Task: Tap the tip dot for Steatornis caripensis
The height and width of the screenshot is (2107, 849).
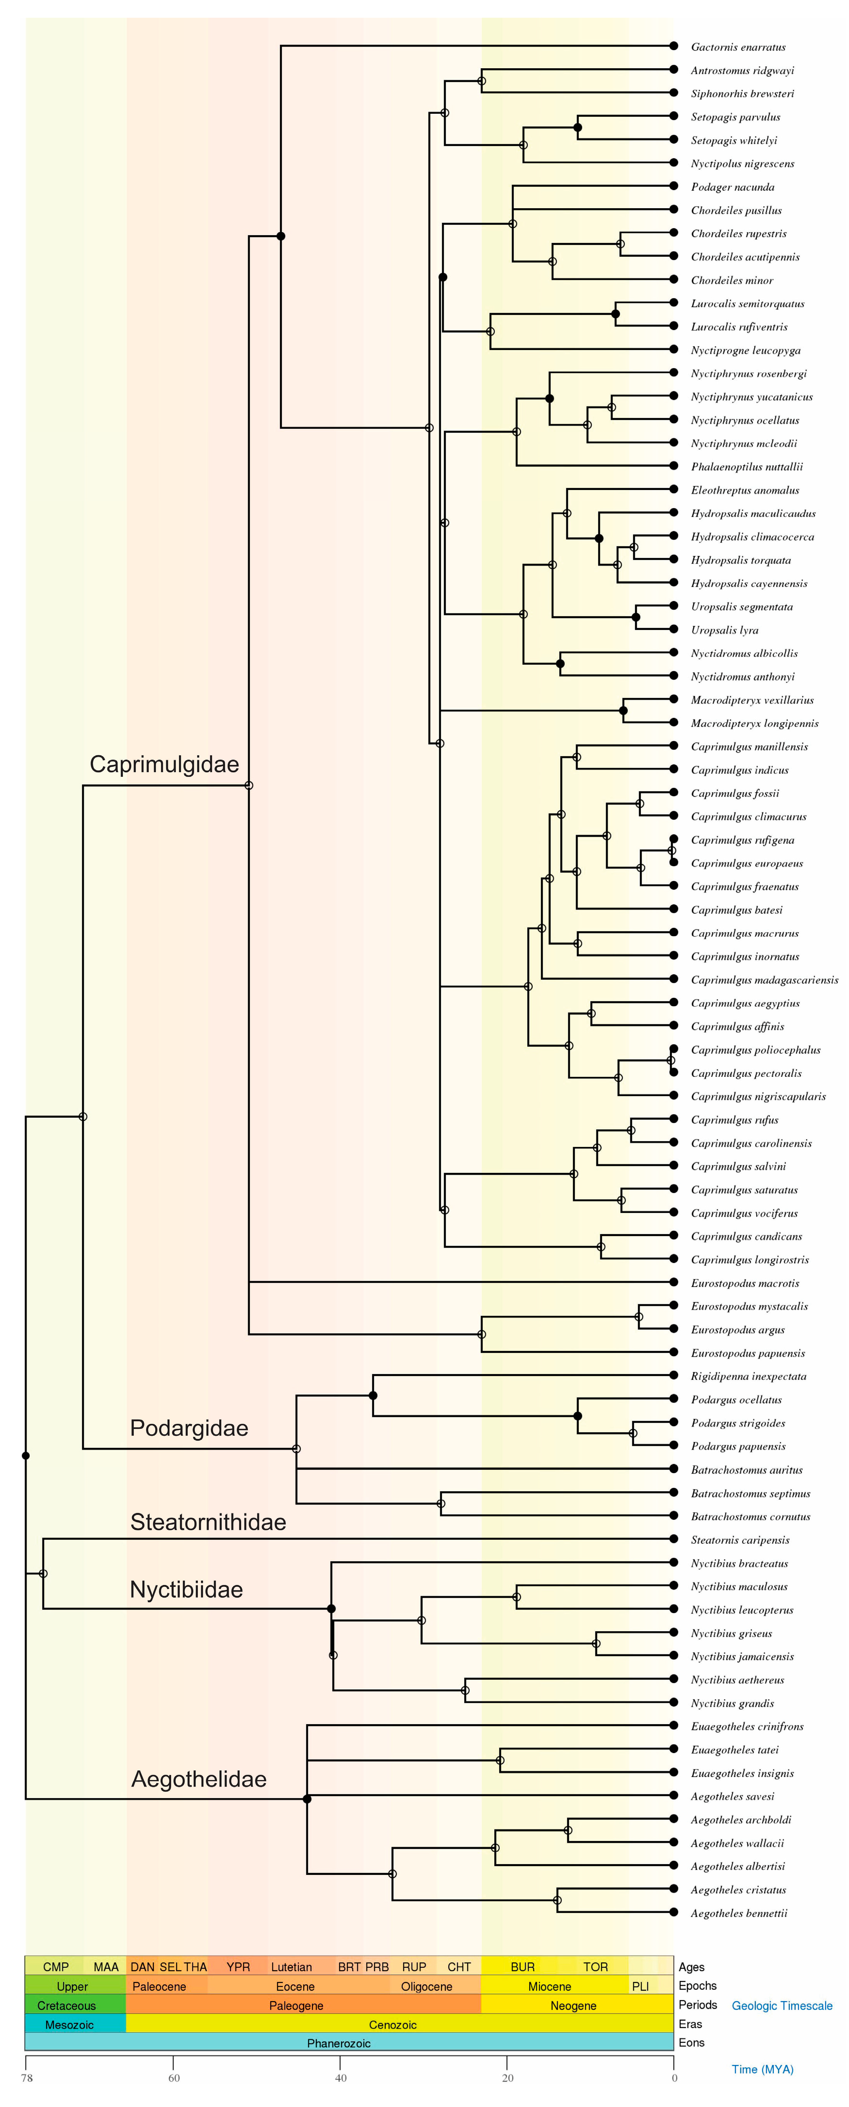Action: pyautogui.click(x=673, y=1539)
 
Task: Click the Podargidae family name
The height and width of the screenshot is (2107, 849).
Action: pyautogui.click(x=189, y=1428)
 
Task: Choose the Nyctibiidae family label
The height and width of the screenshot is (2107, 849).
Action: pyautogui.click(x=187, y=1589)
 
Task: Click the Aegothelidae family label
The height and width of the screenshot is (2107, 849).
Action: pyautogui.click(x=199, y=1779)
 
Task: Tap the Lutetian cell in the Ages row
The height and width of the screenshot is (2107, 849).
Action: pyautogui.click(x=291, y=1967)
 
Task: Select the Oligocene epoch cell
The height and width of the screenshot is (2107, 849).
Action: pyautogui.click(x=426, y=1987)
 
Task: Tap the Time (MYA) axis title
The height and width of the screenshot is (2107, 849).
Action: pyautogui.click(x=761, y=2069)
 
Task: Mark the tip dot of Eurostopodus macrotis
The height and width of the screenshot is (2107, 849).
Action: pyautogui.click(x=673, y=1283)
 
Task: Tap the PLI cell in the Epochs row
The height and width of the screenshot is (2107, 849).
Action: pyautogui.click(x=640, y=1987)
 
